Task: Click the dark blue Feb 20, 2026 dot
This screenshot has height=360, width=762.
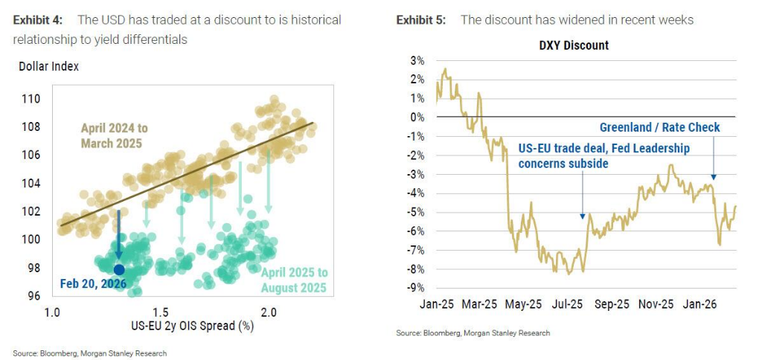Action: pyautogui.click(x=118, y=269)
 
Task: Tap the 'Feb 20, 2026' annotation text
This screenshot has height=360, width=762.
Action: pyautogui.click(x=93, y=283)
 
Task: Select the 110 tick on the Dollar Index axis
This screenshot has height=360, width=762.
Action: pyautogui.click(x=31, y=98)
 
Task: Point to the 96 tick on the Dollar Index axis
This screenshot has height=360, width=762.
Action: pyautogui.click(x=33, y=295)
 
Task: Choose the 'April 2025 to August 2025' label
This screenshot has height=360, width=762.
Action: pyautogui.click(x=293, y=280)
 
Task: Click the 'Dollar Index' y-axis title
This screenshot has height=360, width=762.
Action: pyautogui.click(x=48, y=66)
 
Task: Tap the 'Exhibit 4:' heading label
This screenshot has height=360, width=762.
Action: pyautogui.click(x=39, y=20)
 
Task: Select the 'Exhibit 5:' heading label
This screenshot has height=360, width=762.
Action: pyautogui.click(x=421, y=20)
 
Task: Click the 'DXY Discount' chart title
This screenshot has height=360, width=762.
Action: pyautogui.click(x=573, y=45)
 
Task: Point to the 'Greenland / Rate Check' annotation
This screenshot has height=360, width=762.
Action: pyautogui.click(x=659, y=127)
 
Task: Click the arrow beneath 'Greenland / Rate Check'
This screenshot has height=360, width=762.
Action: pyautogui.click(x=713, y=158)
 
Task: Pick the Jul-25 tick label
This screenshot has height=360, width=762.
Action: pyautogui.click(x=569, y=304)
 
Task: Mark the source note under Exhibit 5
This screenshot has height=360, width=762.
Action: pyautogui.click(x=474, y=333)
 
